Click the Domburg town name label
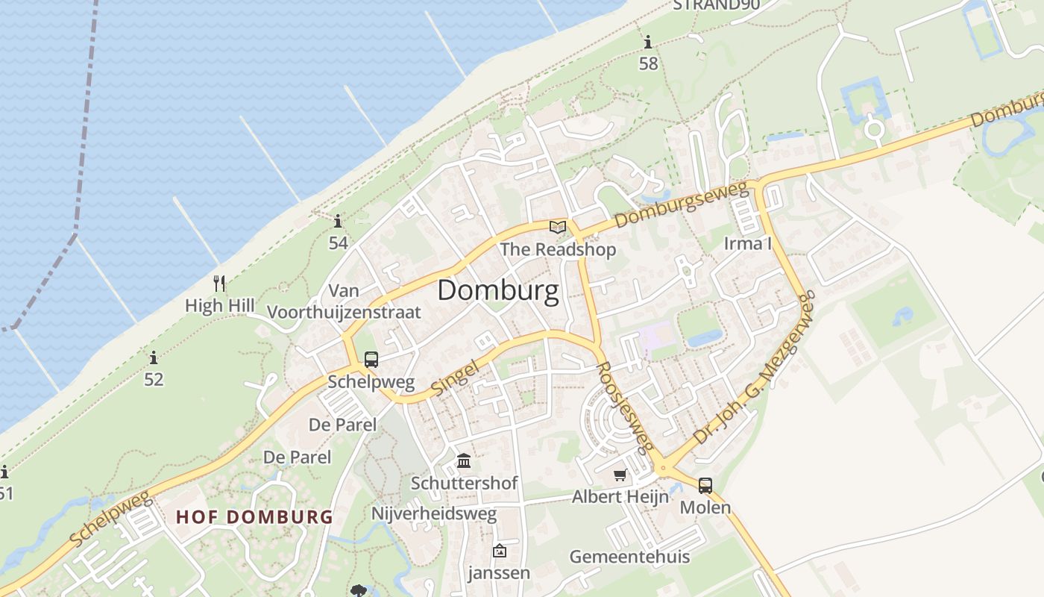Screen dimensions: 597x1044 tap(497, 290)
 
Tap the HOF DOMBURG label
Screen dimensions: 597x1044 tap(254, 516)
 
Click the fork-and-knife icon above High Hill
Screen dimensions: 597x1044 tap(219, 284)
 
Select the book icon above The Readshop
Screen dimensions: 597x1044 tap(558, 227)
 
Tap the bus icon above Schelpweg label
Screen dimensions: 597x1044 tap(371, 360)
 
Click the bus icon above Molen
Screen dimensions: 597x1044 tap(705, 486)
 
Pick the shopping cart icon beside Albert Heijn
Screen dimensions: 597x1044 tap(620, 475)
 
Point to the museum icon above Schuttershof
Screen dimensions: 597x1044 tap(464, 460)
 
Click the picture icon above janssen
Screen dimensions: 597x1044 tap(499, 551)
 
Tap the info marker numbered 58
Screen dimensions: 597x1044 tap(648, 43)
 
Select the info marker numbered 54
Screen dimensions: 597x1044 tap(338, 222)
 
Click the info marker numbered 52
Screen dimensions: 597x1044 tap(154, 358)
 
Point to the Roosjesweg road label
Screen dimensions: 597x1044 tap(626, 407)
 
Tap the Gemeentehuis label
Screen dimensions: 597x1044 tap(629, 557)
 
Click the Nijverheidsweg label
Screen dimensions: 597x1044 tap(433, 514)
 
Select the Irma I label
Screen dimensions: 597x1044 tap(747, 243)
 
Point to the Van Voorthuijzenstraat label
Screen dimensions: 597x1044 tap(344, 301)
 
